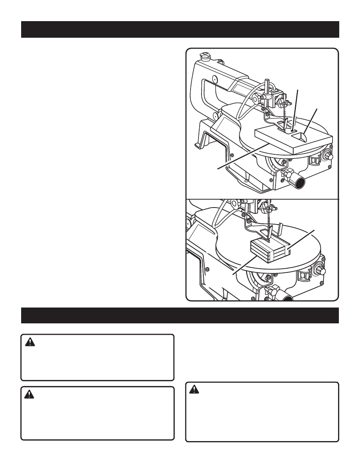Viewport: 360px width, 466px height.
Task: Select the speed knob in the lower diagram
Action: coord(322,271)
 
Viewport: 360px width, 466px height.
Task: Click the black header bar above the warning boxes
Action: coord(180,315)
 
